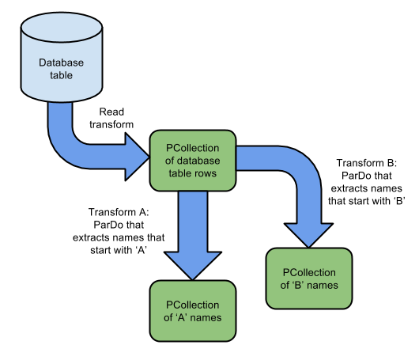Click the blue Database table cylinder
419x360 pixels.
62,57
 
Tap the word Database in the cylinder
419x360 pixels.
61,63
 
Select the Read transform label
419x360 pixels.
111,118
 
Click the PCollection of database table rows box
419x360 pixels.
193,161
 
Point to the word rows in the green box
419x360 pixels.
206,173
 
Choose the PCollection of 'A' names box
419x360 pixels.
193,311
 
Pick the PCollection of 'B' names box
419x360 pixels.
309,279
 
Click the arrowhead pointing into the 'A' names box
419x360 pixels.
193,265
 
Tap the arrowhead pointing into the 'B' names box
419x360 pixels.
308,235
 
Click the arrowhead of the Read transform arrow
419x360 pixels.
137,157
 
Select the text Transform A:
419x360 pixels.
119,212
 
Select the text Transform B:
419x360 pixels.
367,163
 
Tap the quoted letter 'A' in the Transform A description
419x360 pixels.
141,250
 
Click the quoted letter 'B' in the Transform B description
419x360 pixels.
399,201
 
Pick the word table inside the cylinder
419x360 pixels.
61,75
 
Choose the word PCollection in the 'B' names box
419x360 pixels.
309,272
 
